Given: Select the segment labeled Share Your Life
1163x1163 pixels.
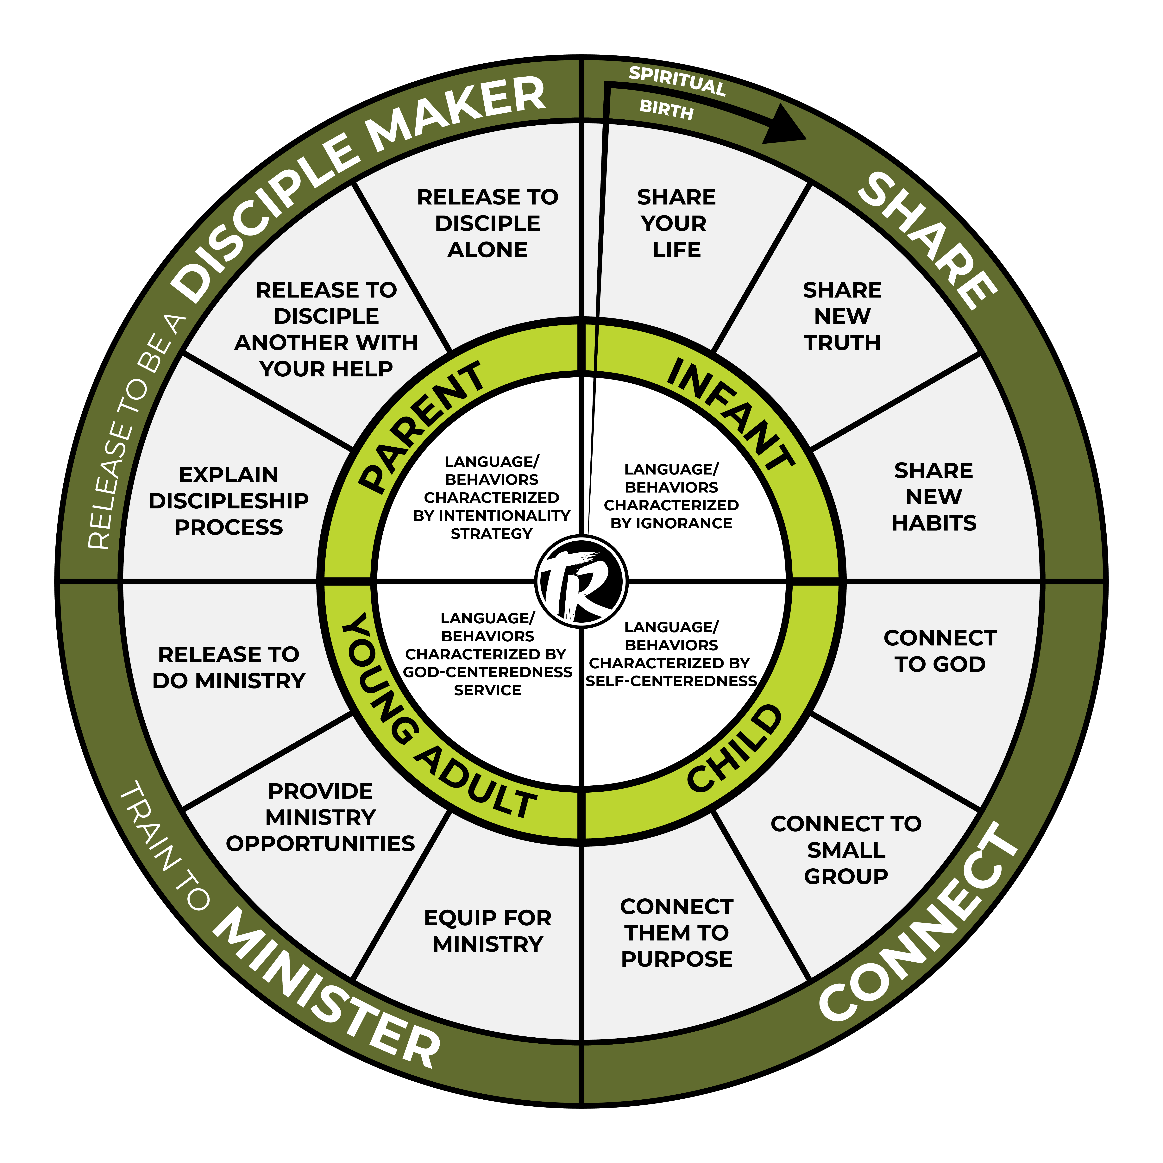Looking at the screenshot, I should coord(676,223).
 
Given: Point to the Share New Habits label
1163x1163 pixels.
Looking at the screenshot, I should coord(934,497).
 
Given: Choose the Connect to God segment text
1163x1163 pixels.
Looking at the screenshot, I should coord(940,651).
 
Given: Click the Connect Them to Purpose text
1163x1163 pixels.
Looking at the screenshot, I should coord(677,933).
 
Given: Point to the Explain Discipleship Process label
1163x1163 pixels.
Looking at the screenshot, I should coord(229,501).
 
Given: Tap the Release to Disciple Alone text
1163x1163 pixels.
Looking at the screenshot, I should coord(488,223).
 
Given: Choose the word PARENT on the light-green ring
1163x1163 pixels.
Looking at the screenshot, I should coord(421,426).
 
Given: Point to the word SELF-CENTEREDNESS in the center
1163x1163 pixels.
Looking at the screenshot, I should coord(671,681).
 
